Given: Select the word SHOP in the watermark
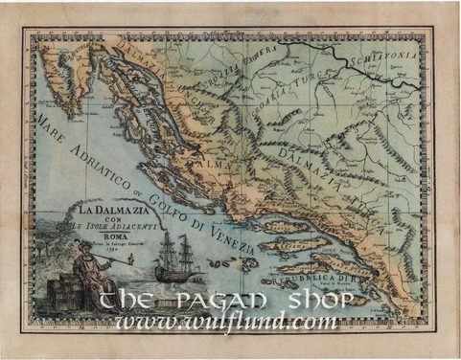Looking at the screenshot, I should [x=326, y=299].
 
